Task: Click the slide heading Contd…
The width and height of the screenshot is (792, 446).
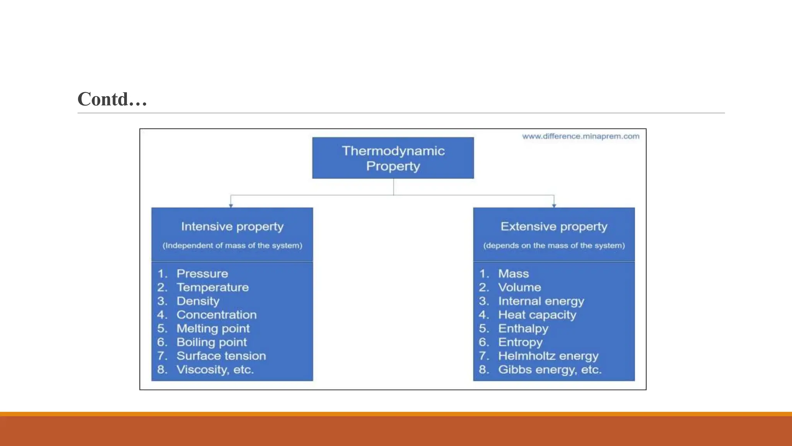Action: tap(112, 99)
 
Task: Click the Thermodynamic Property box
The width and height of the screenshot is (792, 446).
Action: tap(393, 158)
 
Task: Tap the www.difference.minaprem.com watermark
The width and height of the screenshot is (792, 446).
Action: tap(580, 136)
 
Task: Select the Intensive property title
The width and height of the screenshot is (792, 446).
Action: tap(232, 226)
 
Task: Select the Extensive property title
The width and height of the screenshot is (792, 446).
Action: tap(554, 226)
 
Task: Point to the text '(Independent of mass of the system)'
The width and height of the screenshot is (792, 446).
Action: tap(232, 245)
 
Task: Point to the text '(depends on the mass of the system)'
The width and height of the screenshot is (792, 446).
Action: tap(554, 245)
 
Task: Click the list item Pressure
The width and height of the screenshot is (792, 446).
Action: tap(202, 274)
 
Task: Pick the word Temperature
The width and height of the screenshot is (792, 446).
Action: tap(212, 287)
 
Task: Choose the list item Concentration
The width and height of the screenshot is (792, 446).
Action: tap(217, 315)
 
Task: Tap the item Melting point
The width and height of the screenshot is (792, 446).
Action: tap(213, 329)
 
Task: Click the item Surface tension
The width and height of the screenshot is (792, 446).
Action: tap(221, 356)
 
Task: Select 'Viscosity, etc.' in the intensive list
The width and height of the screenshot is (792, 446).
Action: tap(215, 370)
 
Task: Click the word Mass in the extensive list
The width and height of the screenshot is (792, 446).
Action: tap(513, 274)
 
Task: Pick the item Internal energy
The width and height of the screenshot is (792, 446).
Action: tap(541, 301)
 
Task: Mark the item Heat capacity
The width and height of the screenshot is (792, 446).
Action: tap(537, 315)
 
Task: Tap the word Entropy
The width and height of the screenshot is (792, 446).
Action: tap(520, 342)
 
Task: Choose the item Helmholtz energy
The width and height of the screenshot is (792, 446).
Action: tap(548, 356)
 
